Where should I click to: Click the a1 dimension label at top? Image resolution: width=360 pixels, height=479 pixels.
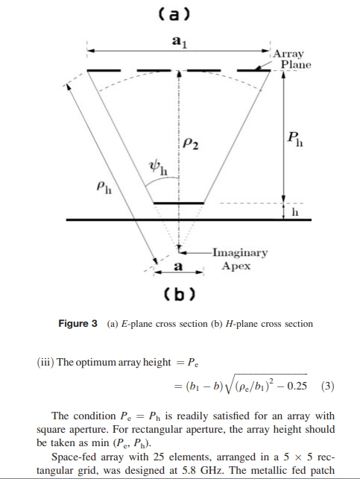(x=180, y=42)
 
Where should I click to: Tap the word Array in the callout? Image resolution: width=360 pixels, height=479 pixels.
(x=288, y=54)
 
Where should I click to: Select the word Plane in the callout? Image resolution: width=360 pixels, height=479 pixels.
(x=296, y=65)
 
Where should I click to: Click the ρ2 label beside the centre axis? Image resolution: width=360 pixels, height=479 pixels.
(x=191, y=143)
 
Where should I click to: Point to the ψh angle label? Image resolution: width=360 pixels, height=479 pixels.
(x=158, y=169)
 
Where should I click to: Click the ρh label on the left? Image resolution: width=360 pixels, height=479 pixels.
(x=104, y=187)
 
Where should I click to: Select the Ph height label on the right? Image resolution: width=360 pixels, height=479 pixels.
(x=295, y=140)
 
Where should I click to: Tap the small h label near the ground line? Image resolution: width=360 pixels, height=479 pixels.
(x=294, y=212)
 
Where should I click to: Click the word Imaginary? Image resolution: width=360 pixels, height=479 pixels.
(x=240, y=253)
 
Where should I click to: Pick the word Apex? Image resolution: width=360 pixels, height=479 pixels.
(x=236, y=266)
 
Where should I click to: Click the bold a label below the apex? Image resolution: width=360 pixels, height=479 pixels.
(x=178, y=266)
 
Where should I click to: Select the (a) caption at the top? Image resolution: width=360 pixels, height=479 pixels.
(x=174, y=14)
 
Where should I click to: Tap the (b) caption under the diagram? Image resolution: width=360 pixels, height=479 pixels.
(x=180, y=294)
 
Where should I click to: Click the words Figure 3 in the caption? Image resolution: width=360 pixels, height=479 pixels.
(x=78, y=324)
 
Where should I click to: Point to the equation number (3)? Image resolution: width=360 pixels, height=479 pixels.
(x=328, y=386)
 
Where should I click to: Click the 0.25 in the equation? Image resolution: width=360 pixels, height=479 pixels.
(x=297, y=386)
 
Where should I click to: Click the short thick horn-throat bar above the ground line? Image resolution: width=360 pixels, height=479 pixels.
(x=178, y=203)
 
